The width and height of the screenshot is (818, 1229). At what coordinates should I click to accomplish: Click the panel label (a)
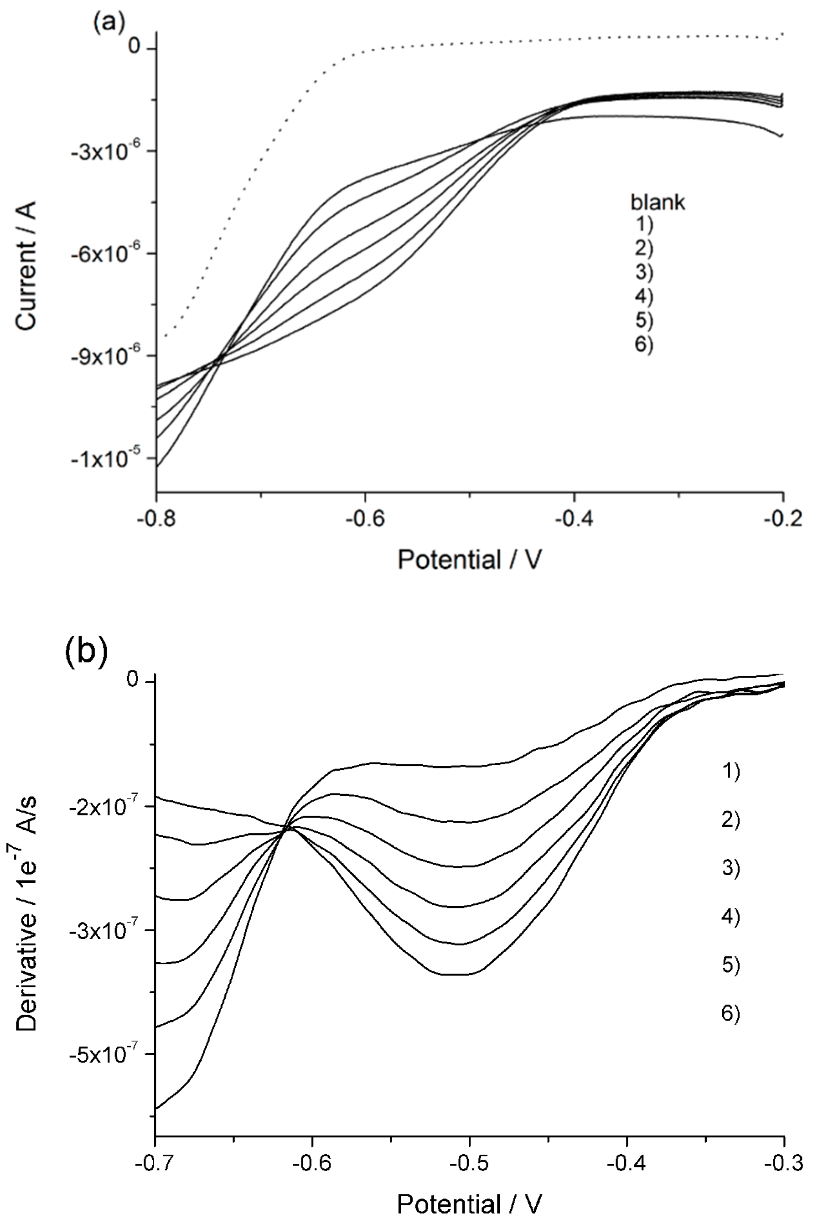109,22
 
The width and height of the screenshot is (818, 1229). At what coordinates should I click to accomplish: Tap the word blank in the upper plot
658,202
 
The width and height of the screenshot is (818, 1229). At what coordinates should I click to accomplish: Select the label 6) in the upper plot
644,344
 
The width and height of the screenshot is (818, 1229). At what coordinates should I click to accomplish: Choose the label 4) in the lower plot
731,916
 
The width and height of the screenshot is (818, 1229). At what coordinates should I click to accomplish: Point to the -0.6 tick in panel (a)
365,519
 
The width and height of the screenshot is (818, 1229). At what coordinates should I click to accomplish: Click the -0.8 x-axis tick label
156,519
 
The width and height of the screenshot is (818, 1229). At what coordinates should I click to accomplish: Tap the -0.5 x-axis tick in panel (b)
470,1163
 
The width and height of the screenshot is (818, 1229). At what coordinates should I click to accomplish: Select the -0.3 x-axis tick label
782,1163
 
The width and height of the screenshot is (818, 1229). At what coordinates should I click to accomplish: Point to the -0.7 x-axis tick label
155,1163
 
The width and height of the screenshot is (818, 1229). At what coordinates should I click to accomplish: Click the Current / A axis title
26,265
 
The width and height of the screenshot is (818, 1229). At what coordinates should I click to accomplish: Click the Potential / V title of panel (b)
470,1204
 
